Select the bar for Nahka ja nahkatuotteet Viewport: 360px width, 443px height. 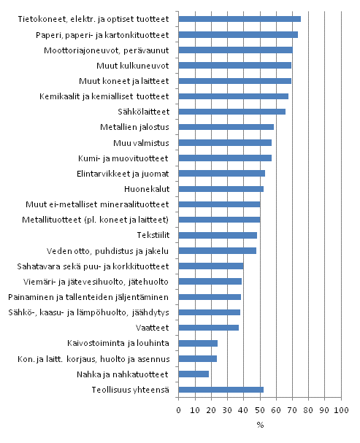(x=194, y=374)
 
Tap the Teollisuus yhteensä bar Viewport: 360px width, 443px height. (x=221, y=390)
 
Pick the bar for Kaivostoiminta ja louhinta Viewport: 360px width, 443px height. (x=198, y=343)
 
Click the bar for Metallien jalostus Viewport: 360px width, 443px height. (x=226, y=127)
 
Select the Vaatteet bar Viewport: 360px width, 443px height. (x=208, y=328)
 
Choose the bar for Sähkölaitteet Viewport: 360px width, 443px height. (x=231, y=112)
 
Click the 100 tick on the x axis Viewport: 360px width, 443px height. (x=340, y=411)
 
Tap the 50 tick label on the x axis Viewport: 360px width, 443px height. (x=259, y=411)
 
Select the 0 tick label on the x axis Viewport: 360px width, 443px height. (x=179, y=411)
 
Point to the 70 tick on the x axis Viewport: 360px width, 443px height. (x=292, y=411)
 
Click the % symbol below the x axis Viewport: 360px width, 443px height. (x=259, y=425)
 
